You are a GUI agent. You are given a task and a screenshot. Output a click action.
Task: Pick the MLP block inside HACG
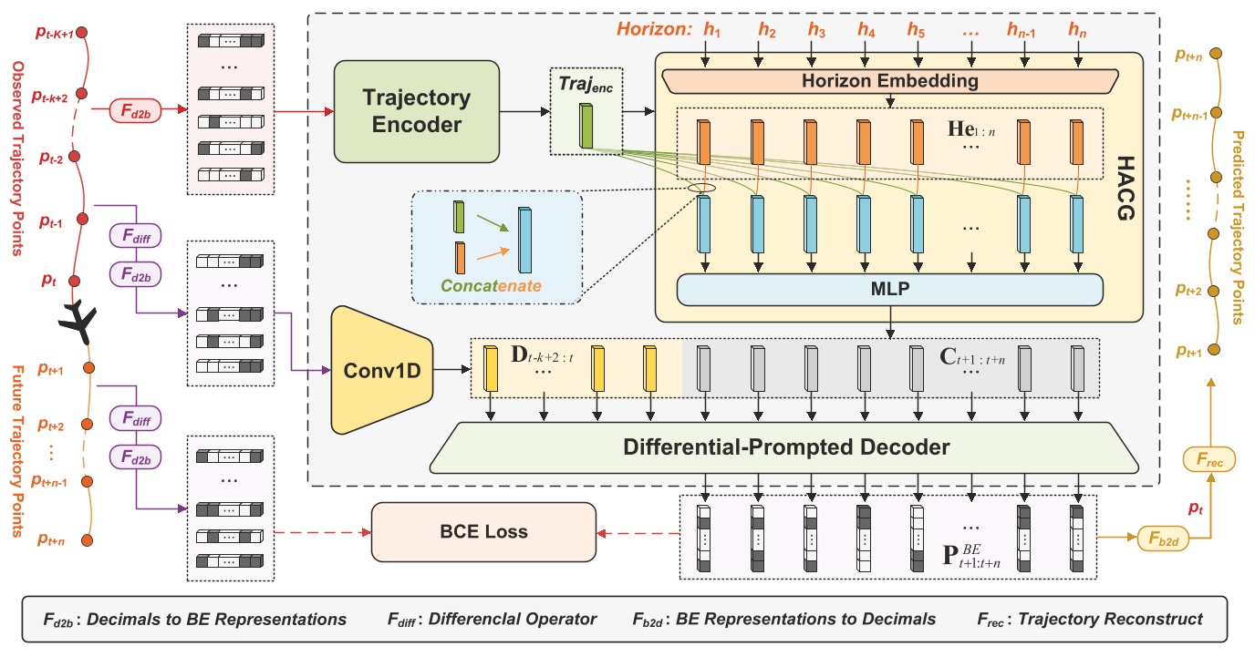point(889,290)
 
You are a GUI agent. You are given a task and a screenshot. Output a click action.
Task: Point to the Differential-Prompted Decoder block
point(786,447)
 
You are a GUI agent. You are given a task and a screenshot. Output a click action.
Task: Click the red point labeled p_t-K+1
point(81,32)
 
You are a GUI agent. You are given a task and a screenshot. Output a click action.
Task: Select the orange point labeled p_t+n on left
point(88,541)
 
